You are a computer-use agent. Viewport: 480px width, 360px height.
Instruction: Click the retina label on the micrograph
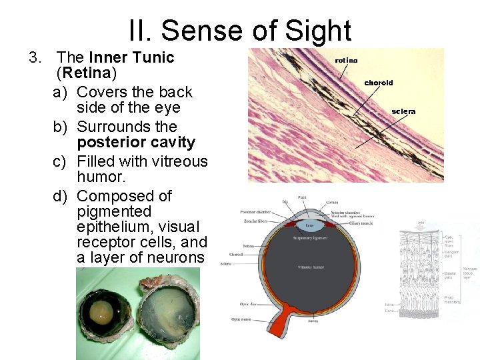click(346, 60)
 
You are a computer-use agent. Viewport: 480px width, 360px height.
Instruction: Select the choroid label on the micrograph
click(378, 83)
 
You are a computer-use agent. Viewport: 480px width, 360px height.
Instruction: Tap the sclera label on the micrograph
click(403, 111)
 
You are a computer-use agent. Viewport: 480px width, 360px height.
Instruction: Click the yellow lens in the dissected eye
click(103, 312)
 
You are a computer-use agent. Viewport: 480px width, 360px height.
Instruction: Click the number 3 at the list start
click(34, 57)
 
